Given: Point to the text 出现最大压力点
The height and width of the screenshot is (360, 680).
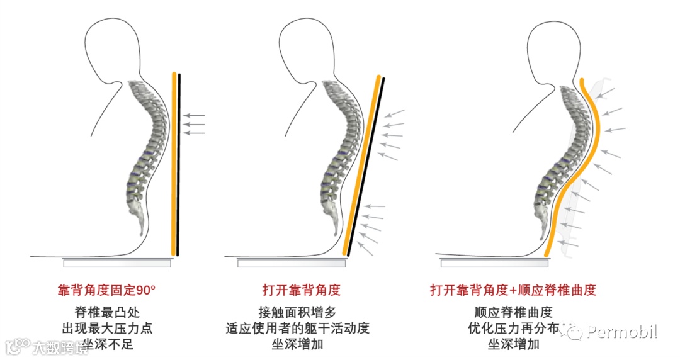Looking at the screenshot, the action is tap(106, 329).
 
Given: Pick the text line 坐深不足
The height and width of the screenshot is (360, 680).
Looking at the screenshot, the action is tap(106, 345).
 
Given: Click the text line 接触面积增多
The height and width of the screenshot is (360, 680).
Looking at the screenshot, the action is tap(301, 312).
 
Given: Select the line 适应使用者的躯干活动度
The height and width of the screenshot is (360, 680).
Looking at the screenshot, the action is tap(301, 329).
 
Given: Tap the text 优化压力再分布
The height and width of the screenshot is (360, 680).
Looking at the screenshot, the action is tap(513, 329).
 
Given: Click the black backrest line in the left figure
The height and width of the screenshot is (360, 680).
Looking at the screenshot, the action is tap(179, 164).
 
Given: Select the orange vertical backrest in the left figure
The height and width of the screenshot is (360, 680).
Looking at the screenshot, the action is tap(173, 164).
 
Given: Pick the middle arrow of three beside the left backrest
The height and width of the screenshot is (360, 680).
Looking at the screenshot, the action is tap(196, 125).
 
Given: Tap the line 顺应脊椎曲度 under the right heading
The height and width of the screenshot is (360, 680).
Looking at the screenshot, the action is tap(513, 312).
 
